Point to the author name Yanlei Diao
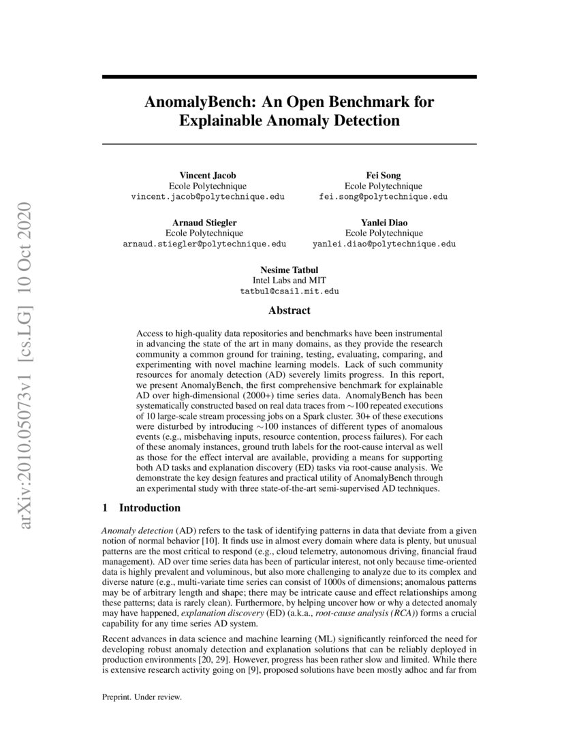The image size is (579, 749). (x=384, y=222)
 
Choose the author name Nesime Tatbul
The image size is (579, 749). (x=289, y=270)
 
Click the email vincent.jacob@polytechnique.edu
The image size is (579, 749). (x=208, y=196)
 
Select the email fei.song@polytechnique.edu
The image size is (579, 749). (x=384, y=196)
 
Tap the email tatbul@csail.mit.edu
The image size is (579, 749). (x=289, y=291)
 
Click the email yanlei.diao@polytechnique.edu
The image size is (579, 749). (x=384, y=243)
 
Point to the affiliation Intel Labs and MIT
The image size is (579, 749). (x=289, y=280)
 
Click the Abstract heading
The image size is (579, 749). (x=289, y=310)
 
